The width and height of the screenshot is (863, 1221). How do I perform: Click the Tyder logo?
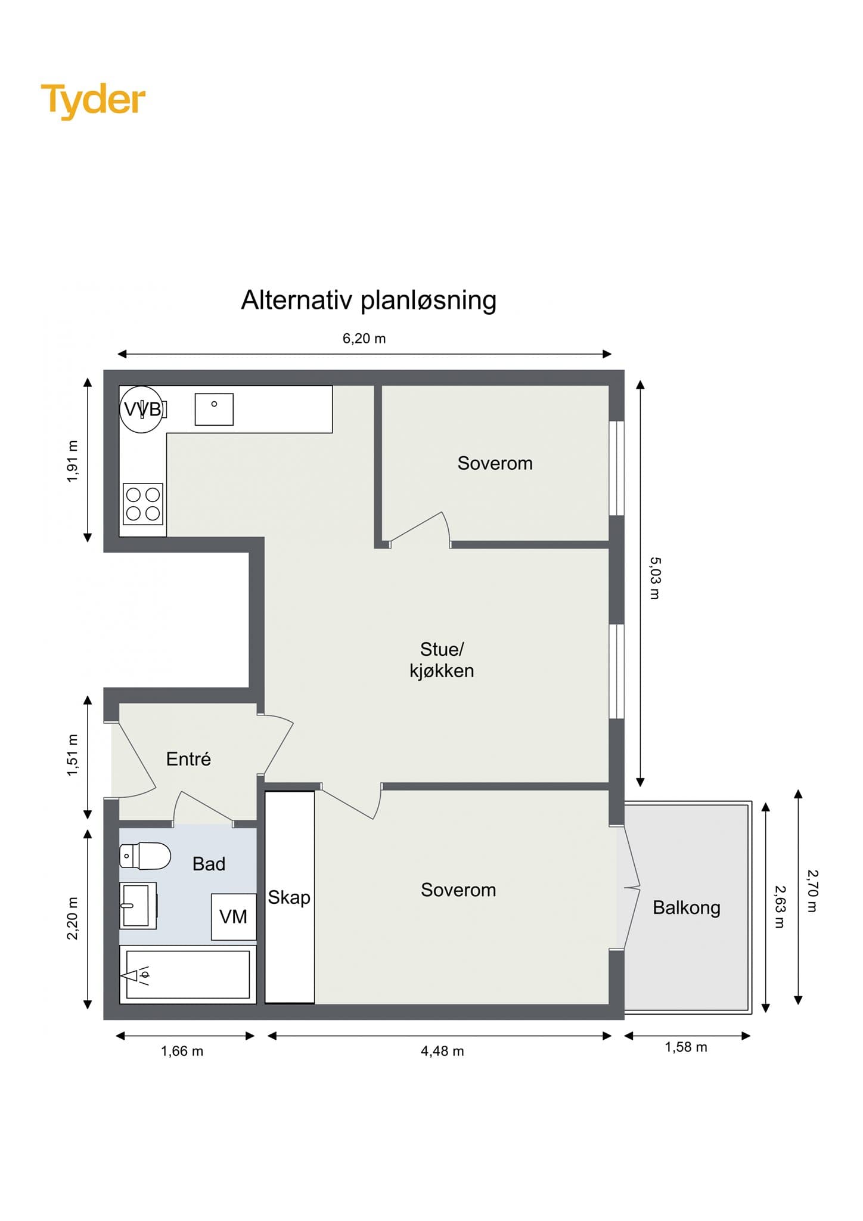click(93, 100)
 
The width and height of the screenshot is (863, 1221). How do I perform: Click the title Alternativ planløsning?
click(368, 300)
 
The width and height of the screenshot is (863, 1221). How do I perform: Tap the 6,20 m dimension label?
click(364, 339)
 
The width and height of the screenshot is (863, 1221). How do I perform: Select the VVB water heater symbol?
click(141, 409)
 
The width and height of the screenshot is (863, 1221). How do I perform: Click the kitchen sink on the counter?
click(214, 409)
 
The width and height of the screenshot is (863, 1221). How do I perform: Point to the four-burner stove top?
click(143, 504)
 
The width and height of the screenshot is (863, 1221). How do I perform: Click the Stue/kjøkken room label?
click(442, 660)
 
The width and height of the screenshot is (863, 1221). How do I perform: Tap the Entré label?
click(188, 759)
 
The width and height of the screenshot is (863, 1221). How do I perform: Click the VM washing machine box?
click(234, 917)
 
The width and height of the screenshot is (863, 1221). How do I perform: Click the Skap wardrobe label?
click(289, 897)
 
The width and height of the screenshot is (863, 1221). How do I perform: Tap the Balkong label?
click(687, 907)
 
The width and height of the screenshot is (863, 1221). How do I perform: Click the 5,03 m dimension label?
click(654, 578)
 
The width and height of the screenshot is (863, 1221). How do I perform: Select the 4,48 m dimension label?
click(442, 1051)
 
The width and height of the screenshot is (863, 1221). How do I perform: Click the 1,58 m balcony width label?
click(686, 1047)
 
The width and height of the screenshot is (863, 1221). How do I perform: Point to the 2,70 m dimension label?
click(812, 891)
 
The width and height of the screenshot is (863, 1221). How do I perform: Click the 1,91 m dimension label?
click(73, 461)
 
